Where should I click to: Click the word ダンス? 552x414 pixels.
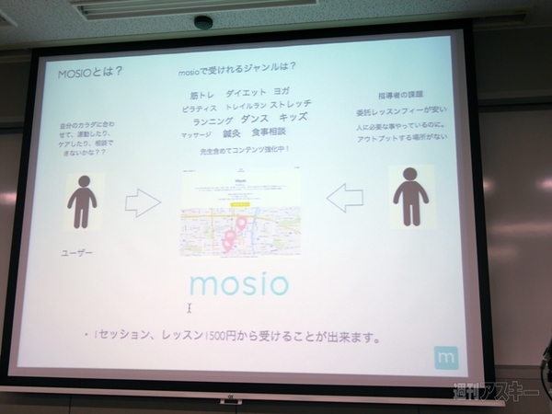(x=254, y=118)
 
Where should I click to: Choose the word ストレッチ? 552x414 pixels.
(x=291, y=103)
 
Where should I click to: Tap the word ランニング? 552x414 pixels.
(x=213, y=121)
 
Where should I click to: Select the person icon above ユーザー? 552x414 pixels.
(x=83, y=201)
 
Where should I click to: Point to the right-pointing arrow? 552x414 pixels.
(x=143, y=202)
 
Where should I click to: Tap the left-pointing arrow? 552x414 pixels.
(x=345, y=197)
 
